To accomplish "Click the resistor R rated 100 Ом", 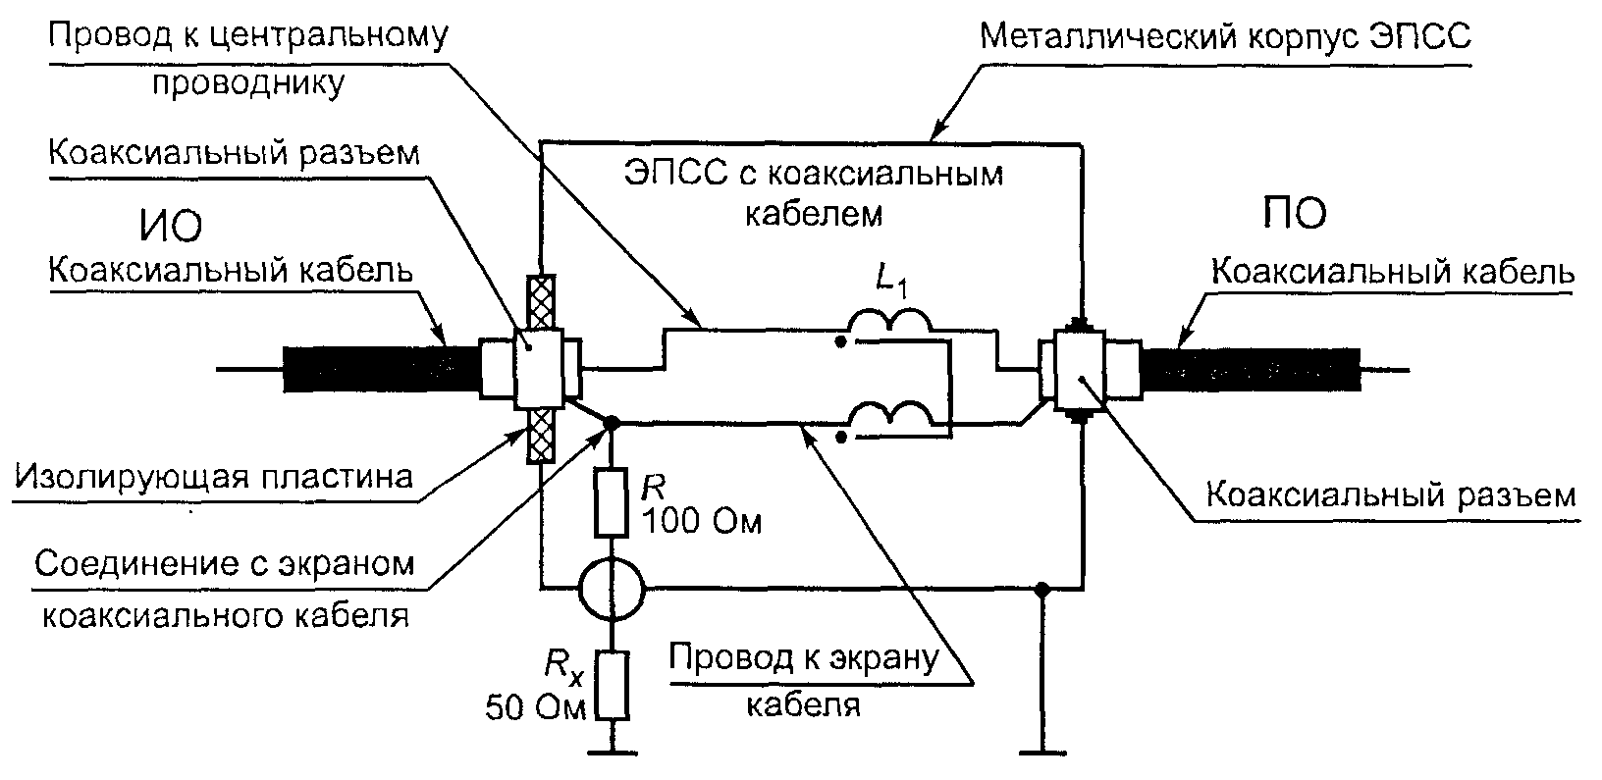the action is tap(612, 502).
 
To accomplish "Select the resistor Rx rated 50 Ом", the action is tap(613, 685).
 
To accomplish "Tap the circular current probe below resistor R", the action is tap(612, 589).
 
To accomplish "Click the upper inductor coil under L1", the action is tap(889, 320).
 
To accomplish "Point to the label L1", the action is tap(892, 281).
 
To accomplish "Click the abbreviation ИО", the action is tap(170, 227).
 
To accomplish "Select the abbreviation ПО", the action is tap(1295, 212).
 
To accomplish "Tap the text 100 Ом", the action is tap(702, 522).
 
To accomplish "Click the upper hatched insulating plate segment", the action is tap(541, 303).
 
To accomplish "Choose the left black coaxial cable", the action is tap(381, 369).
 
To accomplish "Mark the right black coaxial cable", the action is tap(1251, 369).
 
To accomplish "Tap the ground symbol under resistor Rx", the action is tap(613, 752).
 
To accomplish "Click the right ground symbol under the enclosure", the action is tap(1042, 752).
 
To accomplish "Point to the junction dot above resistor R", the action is tap(612, 423).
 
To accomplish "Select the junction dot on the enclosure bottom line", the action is tap(1042, 589).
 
